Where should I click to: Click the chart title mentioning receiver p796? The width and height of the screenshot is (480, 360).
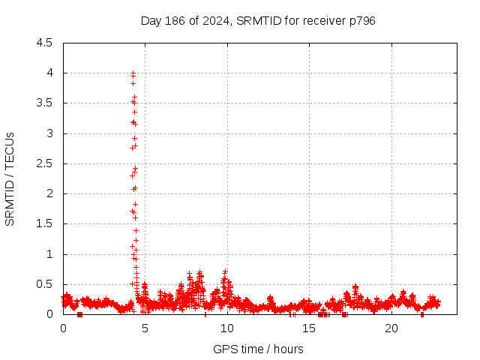(x=258, y=20)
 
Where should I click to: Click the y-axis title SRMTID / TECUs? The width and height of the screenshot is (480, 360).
(x=10, y=178)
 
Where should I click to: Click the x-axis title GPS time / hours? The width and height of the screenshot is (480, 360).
(x=258, y=349)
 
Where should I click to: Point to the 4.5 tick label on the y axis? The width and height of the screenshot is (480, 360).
(x=45, y=43)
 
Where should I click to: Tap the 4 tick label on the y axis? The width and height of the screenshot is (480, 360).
(x=49, y=73)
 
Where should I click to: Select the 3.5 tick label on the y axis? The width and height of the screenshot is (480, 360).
(x=45, y=103)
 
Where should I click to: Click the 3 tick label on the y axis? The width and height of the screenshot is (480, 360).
(x=49, y=133)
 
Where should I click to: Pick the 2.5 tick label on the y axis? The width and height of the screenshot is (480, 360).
(x=45, y=163)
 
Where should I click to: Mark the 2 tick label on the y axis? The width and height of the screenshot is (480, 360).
(x=49, y=193)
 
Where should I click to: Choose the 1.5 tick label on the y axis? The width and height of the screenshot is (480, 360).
(x=45, y=223)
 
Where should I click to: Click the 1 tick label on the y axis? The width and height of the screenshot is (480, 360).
(x=49, y=254)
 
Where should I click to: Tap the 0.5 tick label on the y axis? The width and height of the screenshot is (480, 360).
(x=45, y=284)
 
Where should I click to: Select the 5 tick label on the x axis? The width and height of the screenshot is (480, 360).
(x=145, y=328)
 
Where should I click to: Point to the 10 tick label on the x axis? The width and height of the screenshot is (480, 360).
(x=227, y=328)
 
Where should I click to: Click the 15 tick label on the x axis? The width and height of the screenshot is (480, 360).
(x=309, y=328)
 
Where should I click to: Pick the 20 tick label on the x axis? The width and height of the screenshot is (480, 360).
(x=391, y=328)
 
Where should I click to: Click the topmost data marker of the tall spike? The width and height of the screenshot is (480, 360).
(x=133, y=73)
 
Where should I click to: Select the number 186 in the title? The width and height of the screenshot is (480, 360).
(x=169, y=20)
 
